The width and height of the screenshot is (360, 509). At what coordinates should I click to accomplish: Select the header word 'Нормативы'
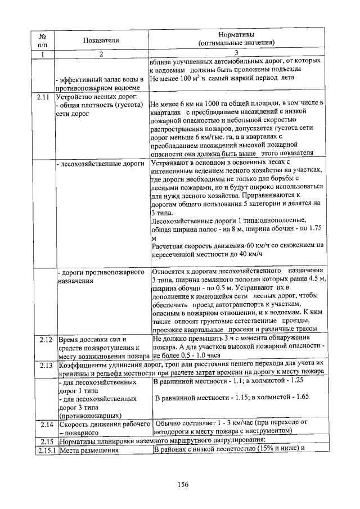pos(236,35)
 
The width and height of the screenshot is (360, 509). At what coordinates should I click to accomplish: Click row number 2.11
pos(43,97)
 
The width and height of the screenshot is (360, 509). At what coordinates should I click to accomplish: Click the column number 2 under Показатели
pos(102,54)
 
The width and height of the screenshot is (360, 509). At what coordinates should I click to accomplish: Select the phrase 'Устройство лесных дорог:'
pos(93,97)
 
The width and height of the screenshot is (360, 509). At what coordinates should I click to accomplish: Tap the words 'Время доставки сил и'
pos(93,339)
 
